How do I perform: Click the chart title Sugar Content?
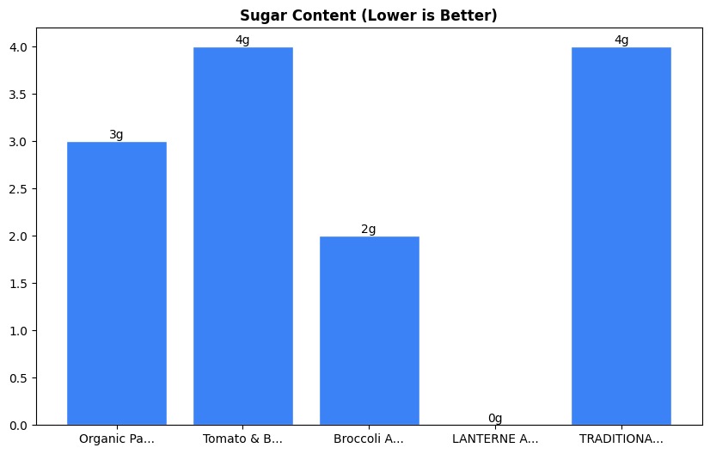pos(368,15)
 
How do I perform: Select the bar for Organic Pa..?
pos(117,283)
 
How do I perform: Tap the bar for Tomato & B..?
pos(242,236)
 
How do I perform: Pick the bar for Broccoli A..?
pos(369,330)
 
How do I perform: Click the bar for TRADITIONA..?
pos(621,236)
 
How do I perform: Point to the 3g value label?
pos(116,135)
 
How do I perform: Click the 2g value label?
pos(369,230)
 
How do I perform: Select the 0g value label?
pos(495,419)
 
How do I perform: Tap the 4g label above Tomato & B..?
pos(242,40)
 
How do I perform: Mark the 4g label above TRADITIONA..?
pos(621,40)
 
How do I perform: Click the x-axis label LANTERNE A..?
pos(495,439)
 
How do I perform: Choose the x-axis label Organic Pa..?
pos(117,439)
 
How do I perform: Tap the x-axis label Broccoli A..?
pos(369,439)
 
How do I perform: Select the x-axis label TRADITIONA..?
pos(621,439)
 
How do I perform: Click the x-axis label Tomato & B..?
pos(242,439)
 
